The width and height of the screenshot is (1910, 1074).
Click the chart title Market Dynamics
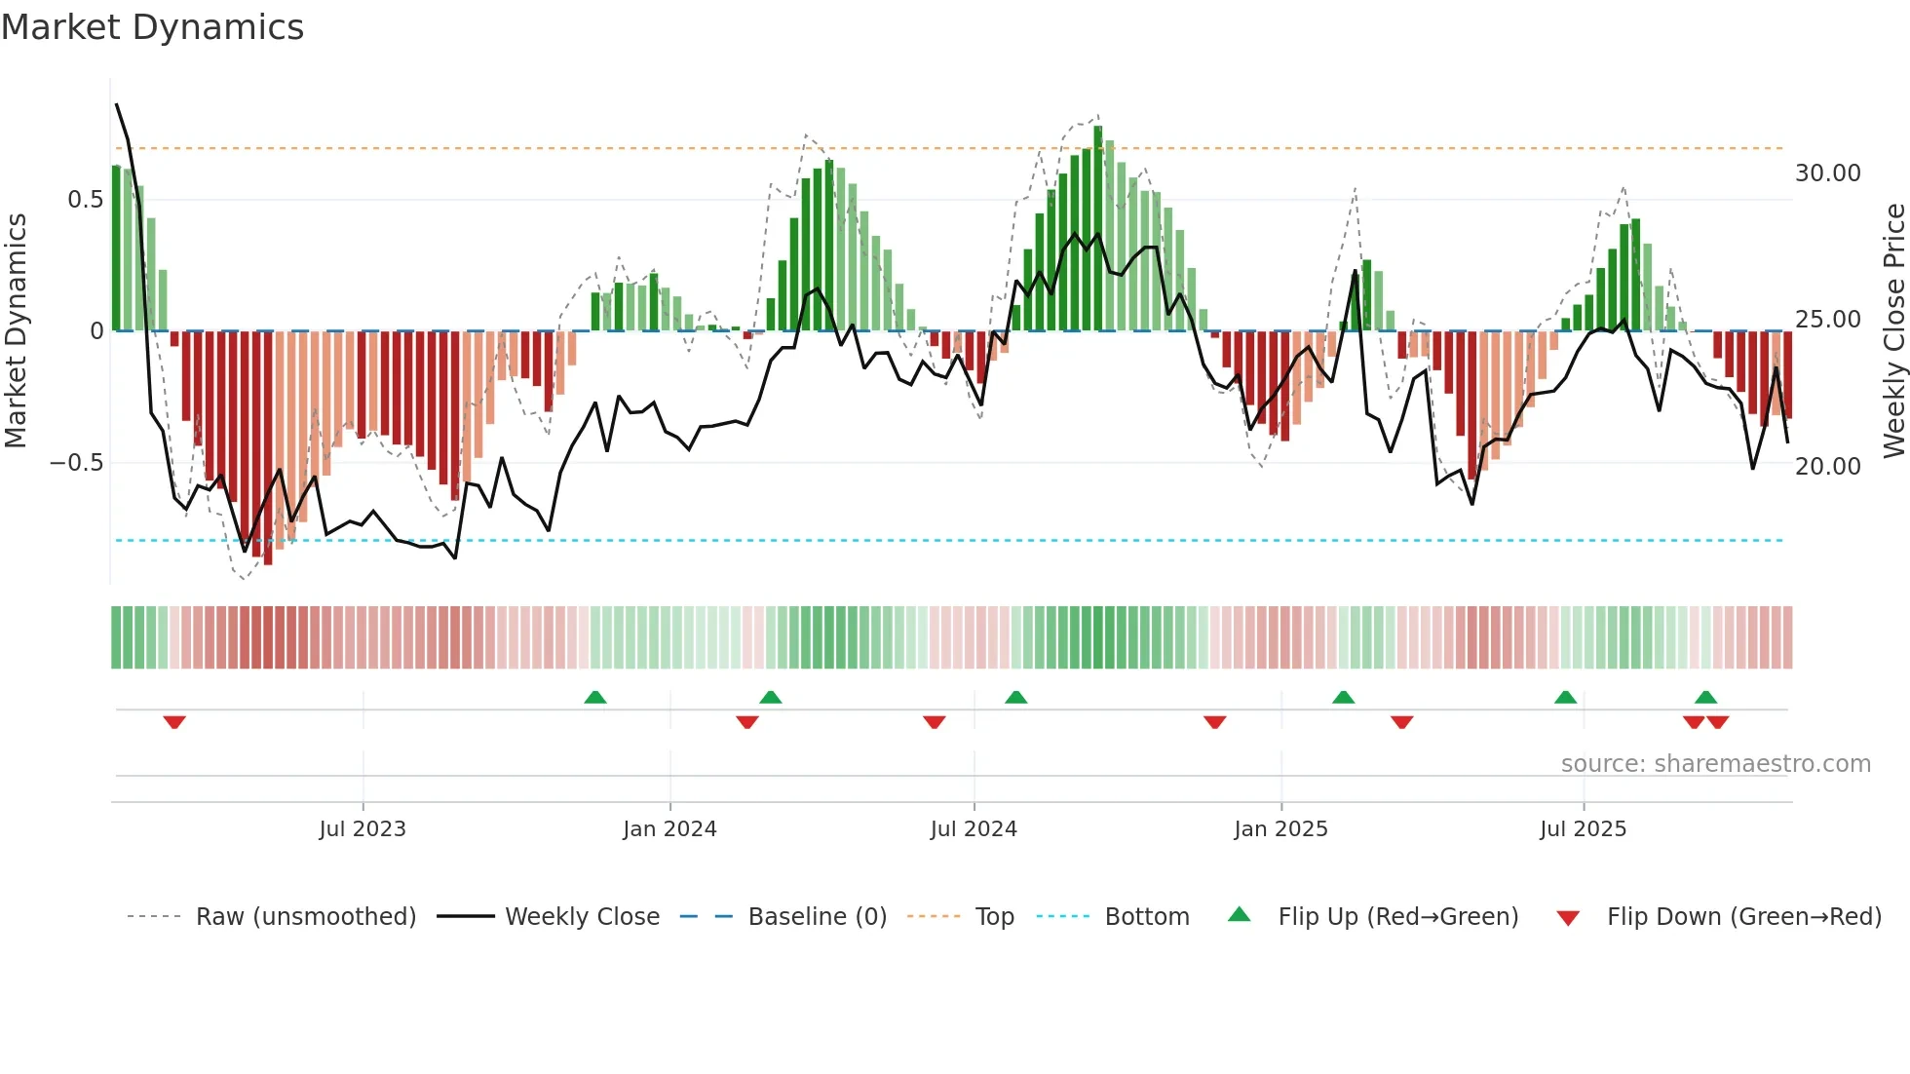pos(152,27)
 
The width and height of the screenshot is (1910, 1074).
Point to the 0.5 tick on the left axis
pos(85,200)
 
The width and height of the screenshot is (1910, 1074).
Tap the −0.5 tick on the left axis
pos(77,463)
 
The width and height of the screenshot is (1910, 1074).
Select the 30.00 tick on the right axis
pos(1827,173)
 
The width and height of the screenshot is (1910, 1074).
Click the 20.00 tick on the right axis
pos(1827,467)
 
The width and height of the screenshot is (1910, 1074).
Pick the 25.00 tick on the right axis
pos(1827,320)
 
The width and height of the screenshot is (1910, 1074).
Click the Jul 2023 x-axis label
pos(362,829)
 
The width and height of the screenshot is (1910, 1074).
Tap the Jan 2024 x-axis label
pos(669,829)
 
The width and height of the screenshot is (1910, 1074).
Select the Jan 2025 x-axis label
pos(1280,829)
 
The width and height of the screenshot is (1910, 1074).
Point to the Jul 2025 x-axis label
pos(1583,829)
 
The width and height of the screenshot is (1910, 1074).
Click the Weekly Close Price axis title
pos(1893,331)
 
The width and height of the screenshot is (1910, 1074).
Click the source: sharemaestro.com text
pos(1715,764)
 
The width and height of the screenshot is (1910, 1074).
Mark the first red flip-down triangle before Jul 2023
pos(174,722)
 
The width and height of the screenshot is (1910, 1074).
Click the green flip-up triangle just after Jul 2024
pos(1015,697)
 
